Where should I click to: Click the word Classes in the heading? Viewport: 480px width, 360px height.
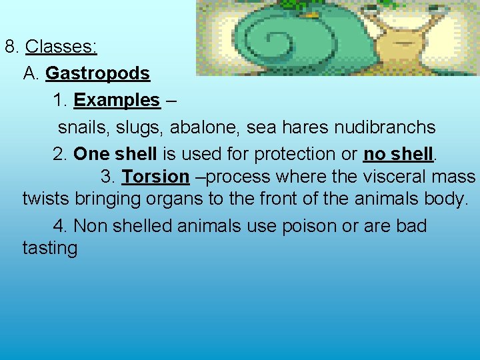click(x=61, y=47)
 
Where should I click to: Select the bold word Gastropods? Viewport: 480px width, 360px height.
click(x=97, y=73)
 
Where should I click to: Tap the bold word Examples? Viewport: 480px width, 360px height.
click(x=117, y=101)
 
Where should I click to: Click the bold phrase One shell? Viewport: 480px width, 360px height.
click(x=115, y=154)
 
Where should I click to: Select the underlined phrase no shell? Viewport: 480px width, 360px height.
click(x=398, y=154)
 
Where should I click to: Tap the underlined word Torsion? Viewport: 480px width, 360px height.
click(x=155, y=177)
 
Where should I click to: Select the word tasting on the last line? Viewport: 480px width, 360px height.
click(x=50, y=249)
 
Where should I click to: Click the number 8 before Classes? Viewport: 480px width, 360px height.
click(x=10, y=47)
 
